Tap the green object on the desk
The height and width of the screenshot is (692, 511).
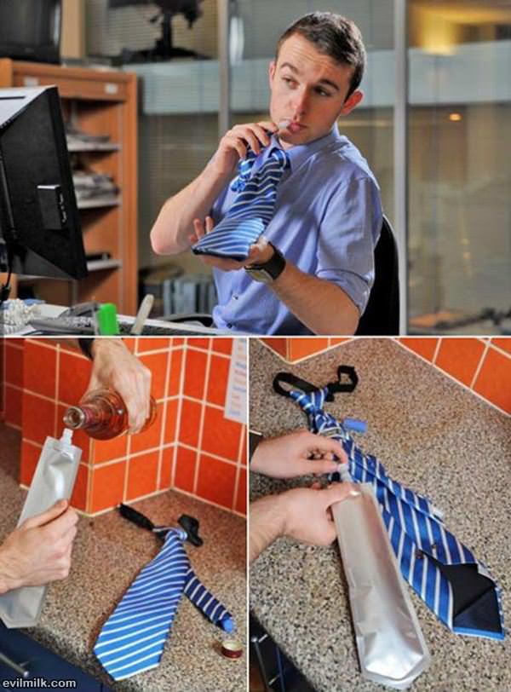(x=107, y=319)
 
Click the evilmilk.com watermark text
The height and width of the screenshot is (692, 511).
(x=38, y=683)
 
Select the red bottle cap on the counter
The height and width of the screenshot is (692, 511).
(x=232, y=648)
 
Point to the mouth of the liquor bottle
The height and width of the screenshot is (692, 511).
(x=72, y=418)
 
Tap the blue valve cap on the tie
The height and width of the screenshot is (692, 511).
(x=356, y=426)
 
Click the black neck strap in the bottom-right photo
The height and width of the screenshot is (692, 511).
(x=316, y=380)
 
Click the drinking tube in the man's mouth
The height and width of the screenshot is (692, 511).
(x=280, y=126)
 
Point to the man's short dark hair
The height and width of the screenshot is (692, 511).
(x=326, y=39)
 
